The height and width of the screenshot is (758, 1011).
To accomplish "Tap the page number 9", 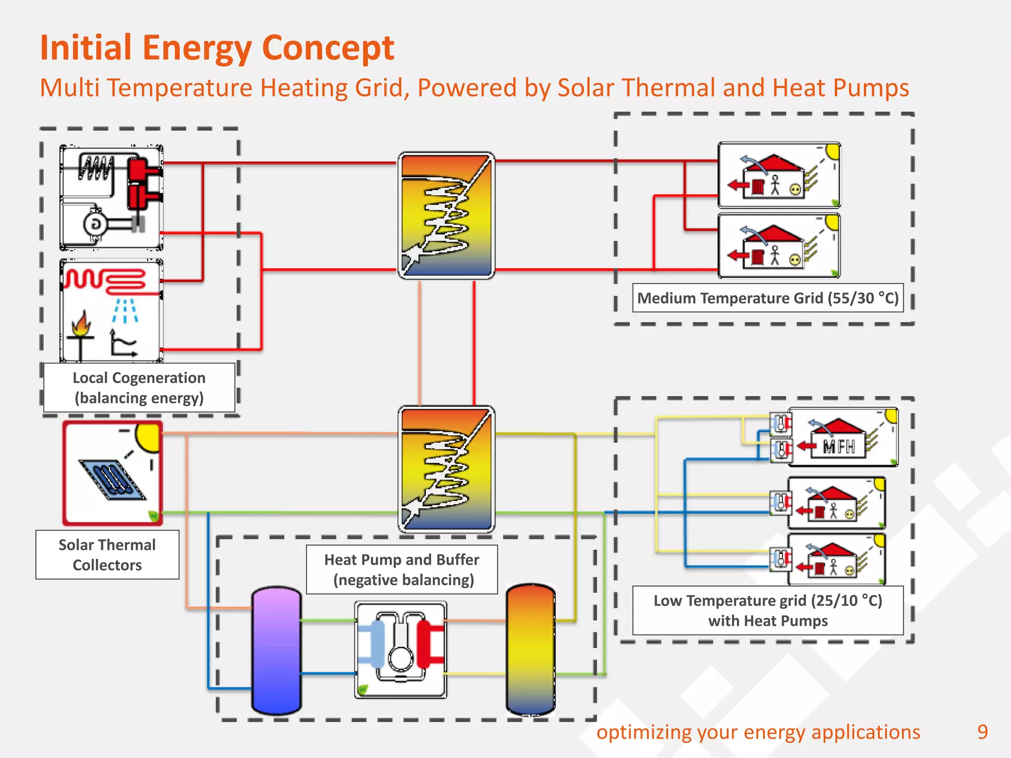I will (982, 732).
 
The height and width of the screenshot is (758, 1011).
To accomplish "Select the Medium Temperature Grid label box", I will (768, 298).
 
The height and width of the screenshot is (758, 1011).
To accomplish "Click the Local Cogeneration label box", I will (139, 388).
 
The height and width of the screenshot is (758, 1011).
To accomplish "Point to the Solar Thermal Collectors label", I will (107, 555).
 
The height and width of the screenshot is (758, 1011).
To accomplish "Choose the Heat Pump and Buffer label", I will (402, 569).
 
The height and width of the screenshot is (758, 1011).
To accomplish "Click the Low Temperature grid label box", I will (768, 610).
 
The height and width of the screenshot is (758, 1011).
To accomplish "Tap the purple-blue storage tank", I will (276, 650).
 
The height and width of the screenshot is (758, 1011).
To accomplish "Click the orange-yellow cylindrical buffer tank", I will (531, 649).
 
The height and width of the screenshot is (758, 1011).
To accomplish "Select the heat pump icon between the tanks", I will (400, 649).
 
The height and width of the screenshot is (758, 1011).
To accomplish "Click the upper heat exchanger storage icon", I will (446, 216).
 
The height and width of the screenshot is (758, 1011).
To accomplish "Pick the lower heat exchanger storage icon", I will (446, 469).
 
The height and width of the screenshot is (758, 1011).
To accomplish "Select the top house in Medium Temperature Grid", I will (778, 175).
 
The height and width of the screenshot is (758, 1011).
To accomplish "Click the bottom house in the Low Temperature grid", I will (836, 560).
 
